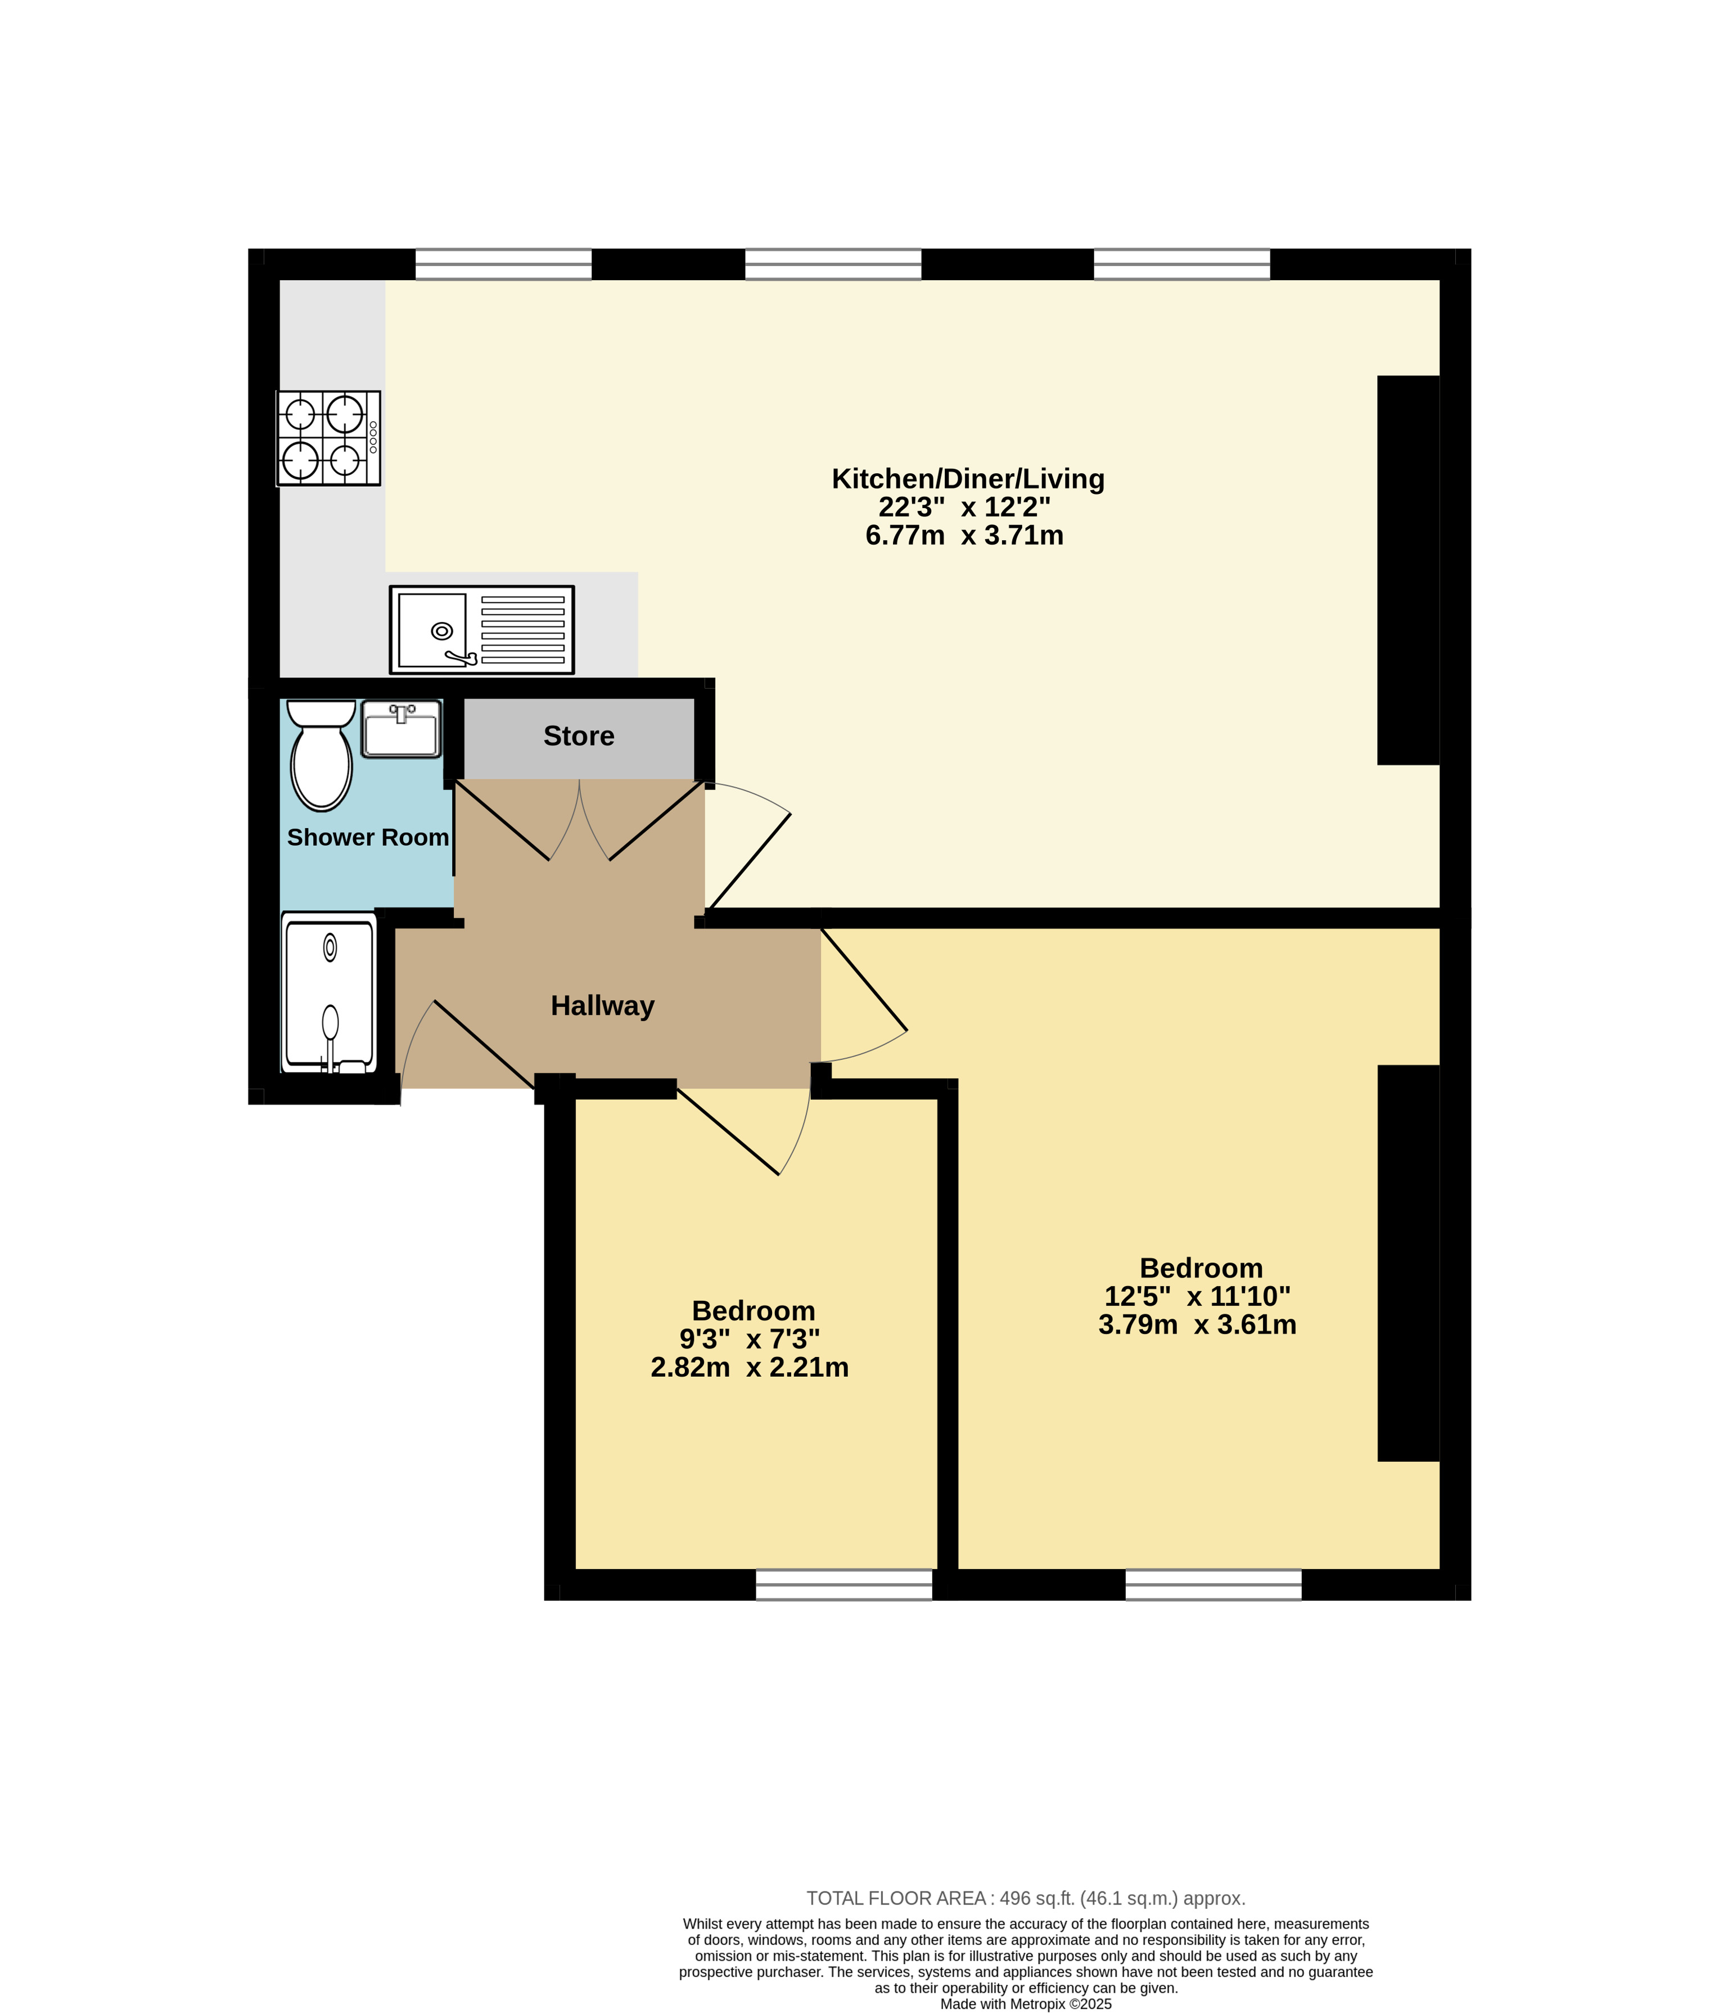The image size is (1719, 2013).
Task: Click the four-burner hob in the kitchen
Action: [328, 438]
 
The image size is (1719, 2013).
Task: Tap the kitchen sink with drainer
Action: [482, 630]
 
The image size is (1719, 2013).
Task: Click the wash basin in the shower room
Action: [401, 729]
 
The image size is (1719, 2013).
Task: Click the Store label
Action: [579, 735]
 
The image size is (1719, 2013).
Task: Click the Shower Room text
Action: [368, 838]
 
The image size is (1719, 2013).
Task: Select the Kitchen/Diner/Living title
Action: [968, 479]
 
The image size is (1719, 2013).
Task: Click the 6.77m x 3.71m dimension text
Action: [964, 535]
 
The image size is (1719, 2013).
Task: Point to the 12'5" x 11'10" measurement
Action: [1198, 1296]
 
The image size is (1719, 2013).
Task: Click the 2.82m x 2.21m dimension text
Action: [750, 1367]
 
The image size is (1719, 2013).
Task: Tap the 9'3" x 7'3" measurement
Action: [750, 1339]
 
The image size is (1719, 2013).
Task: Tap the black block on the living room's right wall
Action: [1408, 570]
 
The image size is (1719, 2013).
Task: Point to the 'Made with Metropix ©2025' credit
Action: [1026, 2004]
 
